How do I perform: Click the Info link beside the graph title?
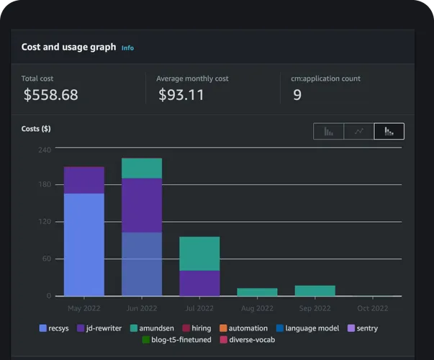127,48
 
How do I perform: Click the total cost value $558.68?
50,94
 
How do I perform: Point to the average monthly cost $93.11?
181,94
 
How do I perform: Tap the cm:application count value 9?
297,94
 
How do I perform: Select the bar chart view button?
329,131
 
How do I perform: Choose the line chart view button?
359,131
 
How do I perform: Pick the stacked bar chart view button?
389,131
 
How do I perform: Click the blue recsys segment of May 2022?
84,244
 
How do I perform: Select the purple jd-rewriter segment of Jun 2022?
142,205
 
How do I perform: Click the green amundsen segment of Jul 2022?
199,253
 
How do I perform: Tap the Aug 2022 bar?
257,292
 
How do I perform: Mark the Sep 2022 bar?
315,291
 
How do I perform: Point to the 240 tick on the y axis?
45,150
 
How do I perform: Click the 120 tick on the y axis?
45,222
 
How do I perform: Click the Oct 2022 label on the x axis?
372,308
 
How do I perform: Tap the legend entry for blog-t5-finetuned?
176,340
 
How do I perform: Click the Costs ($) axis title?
36,129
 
